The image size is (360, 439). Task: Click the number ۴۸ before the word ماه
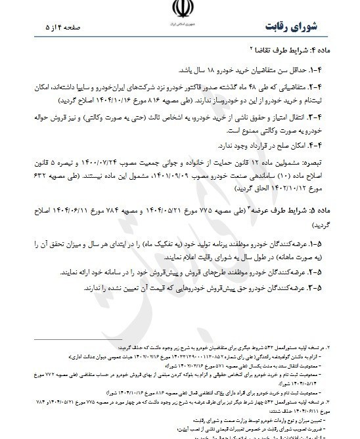281,85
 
